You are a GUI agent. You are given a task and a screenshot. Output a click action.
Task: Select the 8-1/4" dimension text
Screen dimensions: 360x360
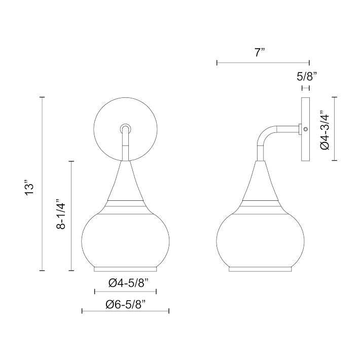coord(61,213)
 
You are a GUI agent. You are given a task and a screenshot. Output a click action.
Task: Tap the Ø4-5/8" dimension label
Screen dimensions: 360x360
coord(130,283)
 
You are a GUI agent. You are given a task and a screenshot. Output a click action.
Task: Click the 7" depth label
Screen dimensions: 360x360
coord(260,53)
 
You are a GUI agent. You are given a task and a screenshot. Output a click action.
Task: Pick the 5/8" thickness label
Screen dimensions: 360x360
coord(307,77)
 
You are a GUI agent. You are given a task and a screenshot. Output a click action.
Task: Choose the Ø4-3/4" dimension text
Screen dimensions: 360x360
coord(325,130)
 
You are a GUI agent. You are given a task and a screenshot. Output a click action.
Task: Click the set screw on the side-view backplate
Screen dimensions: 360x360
coord(305,129)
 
